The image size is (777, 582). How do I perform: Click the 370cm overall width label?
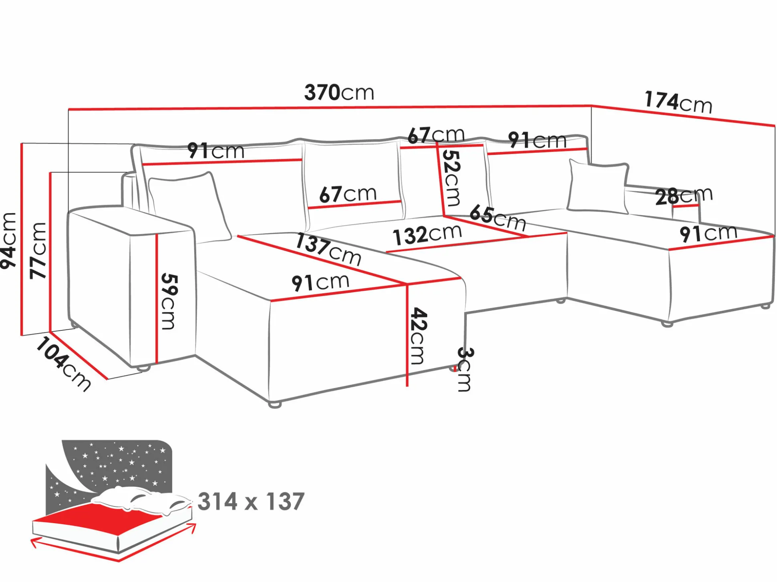pyautogui.click(x=339, y=92)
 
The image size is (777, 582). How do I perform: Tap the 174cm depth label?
pyautogui.click(x=678, y=102)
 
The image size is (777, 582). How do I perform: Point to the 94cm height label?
pyautogui.click(x=9, y=241)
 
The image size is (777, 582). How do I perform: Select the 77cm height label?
pyautogui.click(x=38, y=250)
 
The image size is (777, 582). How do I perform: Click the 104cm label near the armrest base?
pyautogui.click(x=63, y=364)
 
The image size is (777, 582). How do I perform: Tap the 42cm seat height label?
pyautogui.click(x=418, y=336)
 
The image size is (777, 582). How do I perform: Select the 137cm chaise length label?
pyautogui.click(x=328, y=250)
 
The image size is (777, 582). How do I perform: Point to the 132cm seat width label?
pyautogui.click(x=427, y=235)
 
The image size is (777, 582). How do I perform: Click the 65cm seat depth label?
pyautogui.click(x=497, y=218)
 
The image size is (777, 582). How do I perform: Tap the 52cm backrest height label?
pyautogui.click(x=451, y=178)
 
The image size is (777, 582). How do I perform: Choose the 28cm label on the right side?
pyautogui.click(x=684, y=196)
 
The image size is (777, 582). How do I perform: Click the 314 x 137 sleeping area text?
pyautogui.click(x=251, y=502)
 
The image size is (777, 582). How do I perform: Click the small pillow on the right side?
pyautogui.click(x=598, y=186)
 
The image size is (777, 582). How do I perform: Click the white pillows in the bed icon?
pyautogui.click(x=140, y=500)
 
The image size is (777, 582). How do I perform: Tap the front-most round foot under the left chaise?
pyautogui.click(x=275, y=404)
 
